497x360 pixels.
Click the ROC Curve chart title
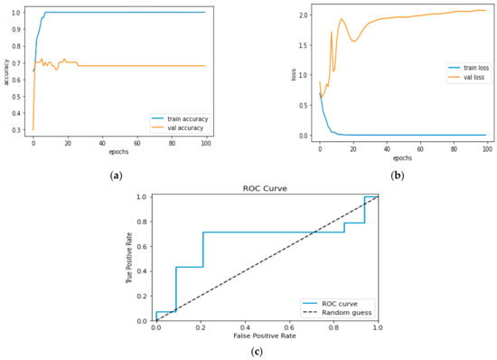266,188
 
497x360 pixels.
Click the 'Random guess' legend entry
344,311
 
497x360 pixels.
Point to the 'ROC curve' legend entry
340,302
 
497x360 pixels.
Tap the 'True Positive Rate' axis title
129,258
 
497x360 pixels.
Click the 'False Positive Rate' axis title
266,337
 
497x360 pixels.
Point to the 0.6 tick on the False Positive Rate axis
288,328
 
